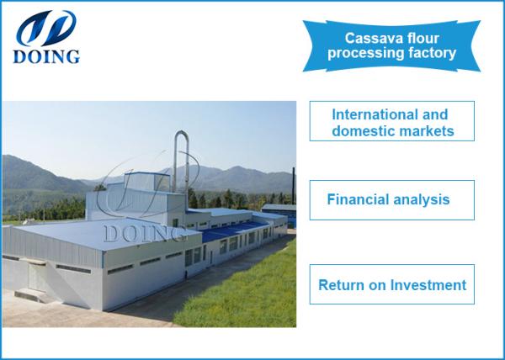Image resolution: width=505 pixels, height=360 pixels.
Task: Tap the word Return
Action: [x=341, y=285]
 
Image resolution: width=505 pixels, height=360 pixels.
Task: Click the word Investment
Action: [x=429, y=285]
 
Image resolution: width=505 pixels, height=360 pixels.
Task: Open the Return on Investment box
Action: [x=391, y=285]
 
